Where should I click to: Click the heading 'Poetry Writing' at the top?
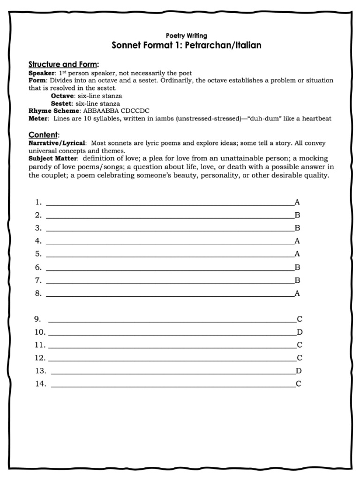point(187,36)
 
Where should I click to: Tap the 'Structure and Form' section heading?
point(63,64)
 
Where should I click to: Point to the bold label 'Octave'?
point(62,96)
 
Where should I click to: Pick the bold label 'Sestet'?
point(62,103)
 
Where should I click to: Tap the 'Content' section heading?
point(44,135)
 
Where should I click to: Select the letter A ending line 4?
point(297,241)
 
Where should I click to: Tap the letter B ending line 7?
point(297,281)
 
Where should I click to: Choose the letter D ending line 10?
point(300,332)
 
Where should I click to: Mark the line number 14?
point(40,384)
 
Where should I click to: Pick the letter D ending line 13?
point(299,371)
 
